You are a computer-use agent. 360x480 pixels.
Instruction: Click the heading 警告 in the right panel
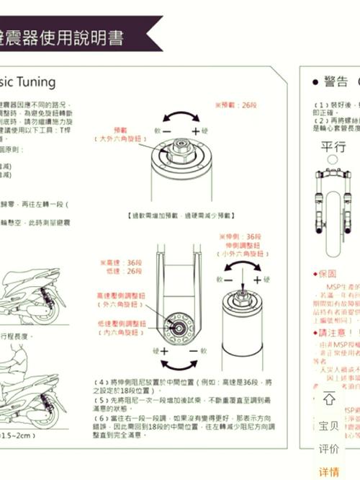tap(334, 81)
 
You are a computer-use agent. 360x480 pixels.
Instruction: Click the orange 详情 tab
tap(328, 472)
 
